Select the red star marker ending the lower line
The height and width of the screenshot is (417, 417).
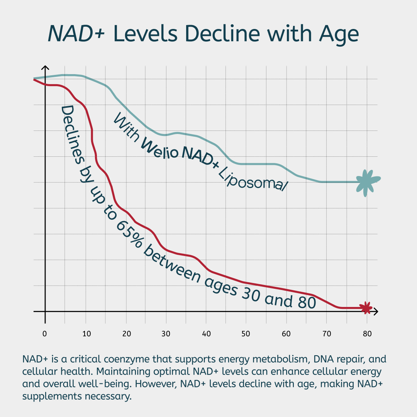[366, 308]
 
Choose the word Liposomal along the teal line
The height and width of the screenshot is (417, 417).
[253, 178]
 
